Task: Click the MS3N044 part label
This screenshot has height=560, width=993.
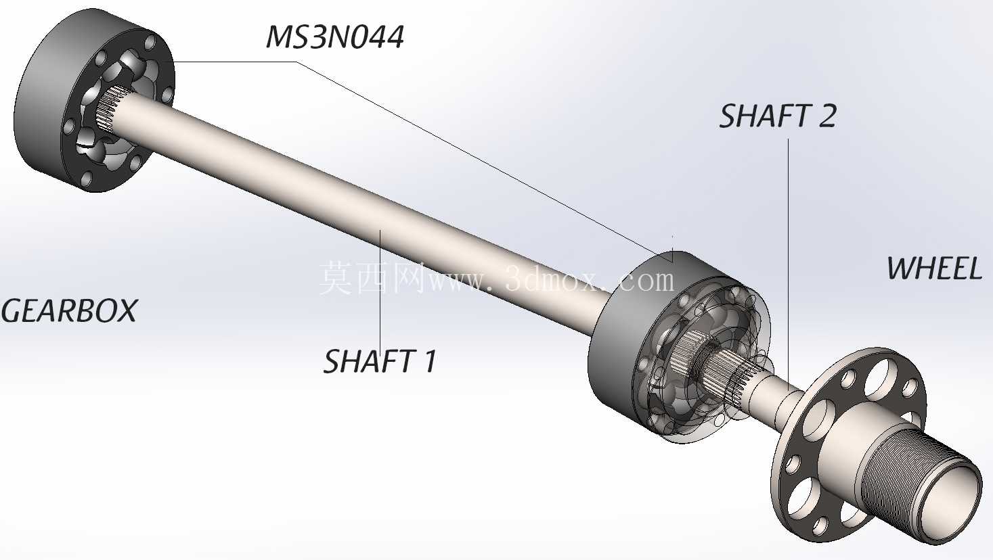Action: pos(334,37)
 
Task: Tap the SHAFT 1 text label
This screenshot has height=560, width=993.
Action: pos(380,361)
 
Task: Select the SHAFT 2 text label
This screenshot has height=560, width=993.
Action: pos(778,116)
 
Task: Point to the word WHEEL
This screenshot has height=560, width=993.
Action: pos(934,269)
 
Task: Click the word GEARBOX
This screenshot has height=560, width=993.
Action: pos(69,311)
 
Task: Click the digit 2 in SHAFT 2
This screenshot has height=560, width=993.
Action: pos(827,116)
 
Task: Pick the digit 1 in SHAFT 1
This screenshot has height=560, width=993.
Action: pos(429,361)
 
